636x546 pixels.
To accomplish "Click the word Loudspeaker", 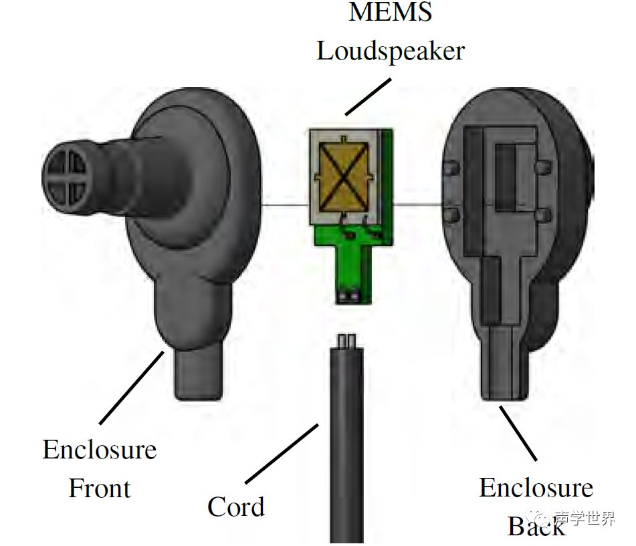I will click(x=391, y=51).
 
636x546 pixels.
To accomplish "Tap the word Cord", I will click(x=235, y=506).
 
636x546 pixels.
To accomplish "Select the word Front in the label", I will click(x=100, y=488).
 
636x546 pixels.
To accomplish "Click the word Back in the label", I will click(x=536, y=526).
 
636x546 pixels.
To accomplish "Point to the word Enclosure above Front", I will click(x=100, y=449).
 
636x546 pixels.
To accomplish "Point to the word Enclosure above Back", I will click(x=536, y=488).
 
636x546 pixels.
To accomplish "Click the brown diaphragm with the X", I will click(x=342, y=175).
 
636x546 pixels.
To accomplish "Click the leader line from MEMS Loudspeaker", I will click(x=367, y=97).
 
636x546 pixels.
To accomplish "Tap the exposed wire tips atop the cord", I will click(x=346, y=340).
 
